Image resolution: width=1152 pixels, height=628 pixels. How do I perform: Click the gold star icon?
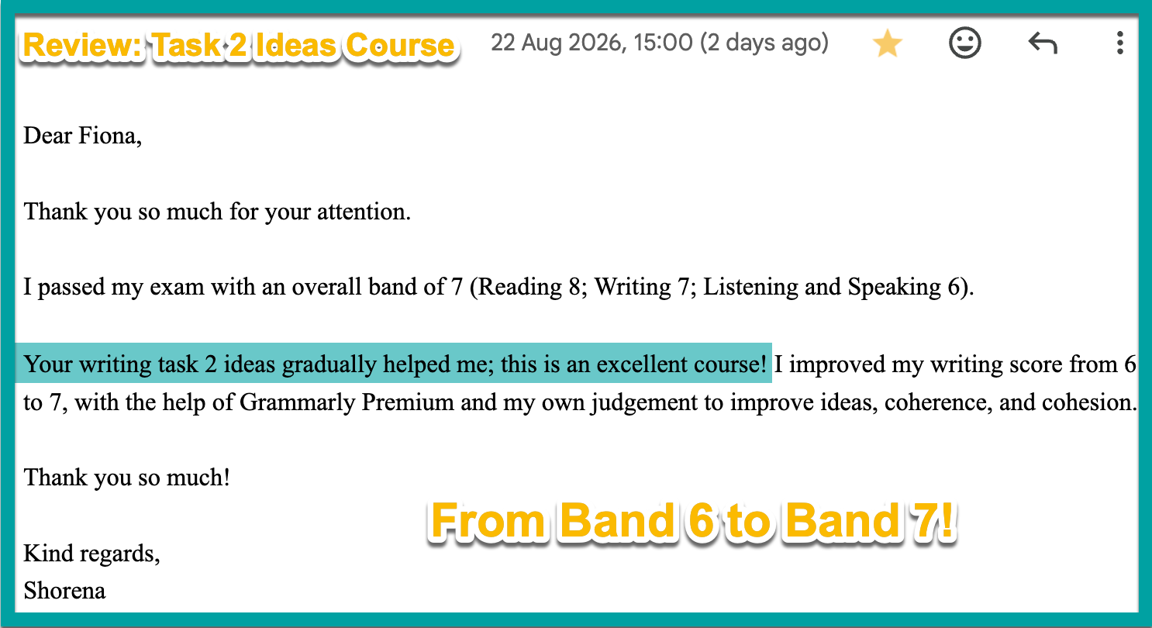pyautogui.click(x=887, y=43)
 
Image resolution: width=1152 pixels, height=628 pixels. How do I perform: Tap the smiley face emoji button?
pyautogui.click(x=965, y=43)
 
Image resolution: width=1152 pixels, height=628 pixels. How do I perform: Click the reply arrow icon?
pyautogui.click(x=1043, y=43)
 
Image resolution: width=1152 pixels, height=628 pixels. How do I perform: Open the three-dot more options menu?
pyautogui.click(x=1119, y=43)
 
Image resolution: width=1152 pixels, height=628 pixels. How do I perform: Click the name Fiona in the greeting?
pyautogui.click(x=107, y=136)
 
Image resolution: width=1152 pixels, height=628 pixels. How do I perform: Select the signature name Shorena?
pyautogui.click(x=64, y=591)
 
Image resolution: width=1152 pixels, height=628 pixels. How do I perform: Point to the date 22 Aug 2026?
pyautogui.click(x=558, y=43)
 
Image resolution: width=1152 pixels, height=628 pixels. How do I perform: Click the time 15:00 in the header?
pyautogui.click(x=664, y=43)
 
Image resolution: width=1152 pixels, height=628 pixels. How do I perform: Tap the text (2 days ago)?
pyautogui.click(x=764, y=43)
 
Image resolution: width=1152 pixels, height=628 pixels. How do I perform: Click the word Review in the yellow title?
pyautogui.click(x=82, y=45)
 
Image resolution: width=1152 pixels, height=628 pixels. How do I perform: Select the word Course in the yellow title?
pyautogui.click(x=400, y=45)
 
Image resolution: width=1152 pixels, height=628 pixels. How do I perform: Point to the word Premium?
pyautogui.click(x=407, y=402)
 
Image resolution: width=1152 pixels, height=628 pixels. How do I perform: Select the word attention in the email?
pyautogui.click(x=364, y=212)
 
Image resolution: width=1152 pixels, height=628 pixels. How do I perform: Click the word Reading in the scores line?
pyautogui.click(x=520, y=288)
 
